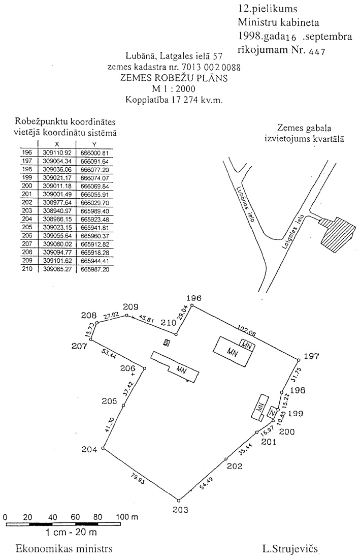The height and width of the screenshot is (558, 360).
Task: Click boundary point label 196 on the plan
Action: tap(194, 298)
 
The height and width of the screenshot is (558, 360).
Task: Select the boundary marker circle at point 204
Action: tap(103, 449)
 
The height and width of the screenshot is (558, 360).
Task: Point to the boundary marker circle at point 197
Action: tap(298, 360)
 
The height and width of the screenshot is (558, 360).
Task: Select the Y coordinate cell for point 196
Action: tap(95, 152)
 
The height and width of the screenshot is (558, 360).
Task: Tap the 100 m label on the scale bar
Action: tap(127, 517)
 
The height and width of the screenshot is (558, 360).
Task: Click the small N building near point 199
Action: tap(273, 411)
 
